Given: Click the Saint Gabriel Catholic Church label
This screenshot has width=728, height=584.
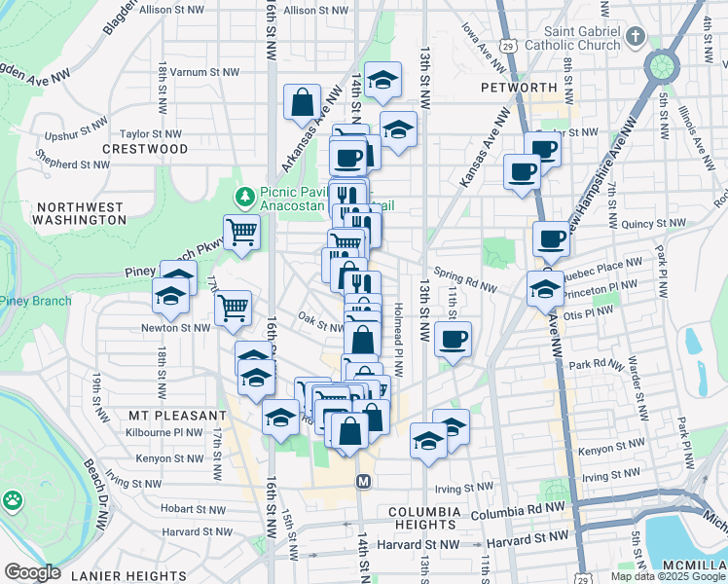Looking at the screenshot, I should [x=570, y=38].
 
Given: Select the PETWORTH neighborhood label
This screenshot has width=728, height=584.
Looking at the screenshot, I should [x=518, y=88].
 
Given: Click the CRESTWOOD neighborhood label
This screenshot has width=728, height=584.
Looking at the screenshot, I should [x=145, y=149].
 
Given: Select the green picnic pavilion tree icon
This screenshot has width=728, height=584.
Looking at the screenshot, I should [x=244, y=199].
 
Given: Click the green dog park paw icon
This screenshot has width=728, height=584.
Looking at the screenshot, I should [x=13, y=501].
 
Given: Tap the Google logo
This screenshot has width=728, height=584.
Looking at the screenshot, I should [x=32, y=572].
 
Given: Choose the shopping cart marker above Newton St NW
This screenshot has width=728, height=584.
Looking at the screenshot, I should [x=233, y=308].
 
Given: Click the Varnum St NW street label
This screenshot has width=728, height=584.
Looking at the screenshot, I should [x=205, y=72].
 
